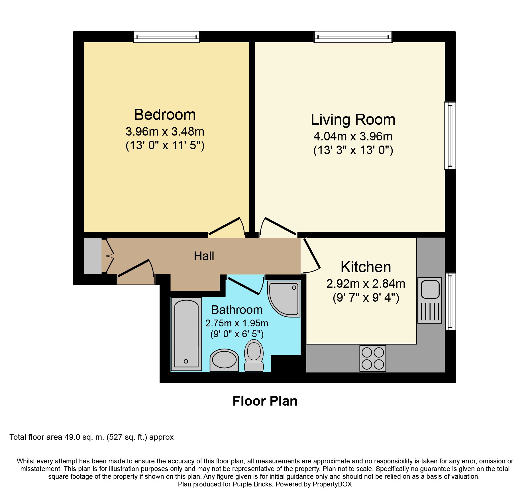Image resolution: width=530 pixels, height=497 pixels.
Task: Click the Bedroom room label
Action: coord(165,115)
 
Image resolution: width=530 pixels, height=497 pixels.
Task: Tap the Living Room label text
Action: coord(353,120)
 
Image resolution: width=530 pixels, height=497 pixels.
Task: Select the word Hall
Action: coord(204,256)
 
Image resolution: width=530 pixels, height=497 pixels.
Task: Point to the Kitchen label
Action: coord(366,267)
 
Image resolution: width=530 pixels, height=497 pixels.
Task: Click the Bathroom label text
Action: coord(237,310)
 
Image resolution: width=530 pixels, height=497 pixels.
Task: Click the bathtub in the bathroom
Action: coord(186,334)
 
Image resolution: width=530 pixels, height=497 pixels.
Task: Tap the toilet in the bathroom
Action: coord(254,355)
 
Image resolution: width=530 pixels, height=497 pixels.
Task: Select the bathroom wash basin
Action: coord(224,360)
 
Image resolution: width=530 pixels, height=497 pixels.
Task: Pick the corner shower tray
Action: coord(284,299)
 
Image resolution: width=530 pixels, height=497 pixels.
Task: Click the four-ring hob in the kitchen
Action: coord(373,358)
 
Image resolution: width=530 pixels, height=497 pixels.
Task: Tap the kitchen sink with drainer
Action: coord(430,300)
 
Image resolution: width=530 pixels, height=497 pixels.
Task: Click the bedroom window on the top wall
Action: coord(167,37)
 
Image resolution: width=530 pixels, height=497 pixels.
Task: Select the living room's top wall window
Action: coord(353,37)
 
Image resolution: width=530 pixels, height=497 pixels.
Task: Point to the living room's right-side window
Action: coord(450,136)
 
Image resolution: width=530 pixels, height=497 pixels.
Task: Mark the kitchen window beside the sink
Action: coord(450,302)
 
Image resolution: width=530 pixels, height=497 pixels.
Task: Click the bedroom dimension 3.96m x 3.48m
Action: coord(165,132)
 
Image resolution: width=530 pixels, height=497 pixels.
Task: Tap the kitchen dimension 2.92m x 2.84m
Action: coord(366,284)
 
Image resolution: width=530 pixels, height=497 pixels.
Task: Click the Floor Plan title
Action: coord(265,401)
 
